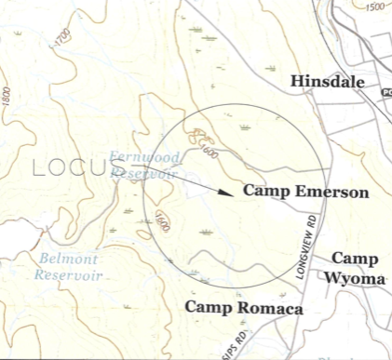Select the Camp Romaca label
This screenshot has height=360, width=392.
[244, 306]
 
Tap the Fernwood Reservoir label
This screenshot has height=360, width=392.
[145, 165]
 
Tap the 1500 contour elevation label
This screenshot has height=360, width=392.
[375, 7]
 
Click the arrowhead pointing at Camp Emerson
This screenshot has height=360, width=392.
[225, 193]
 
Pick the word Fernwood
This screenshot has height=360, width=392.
[140, 156]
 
